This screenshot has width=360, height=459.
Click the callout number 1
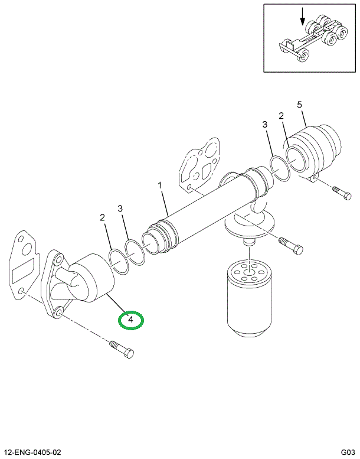point(159,186)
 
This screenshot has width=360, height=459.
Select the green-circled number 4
point(132,320)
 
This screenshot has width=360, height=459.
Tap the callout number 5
point(299,105)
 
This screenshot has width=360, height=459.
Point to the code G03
point(347,452)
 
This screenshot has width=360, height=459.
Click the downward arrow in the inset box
point(303,16)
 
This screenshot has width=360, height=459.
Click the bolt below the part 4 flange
point(122,348)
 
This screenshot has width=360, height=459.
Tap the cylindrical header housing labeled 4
point(91,278)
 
